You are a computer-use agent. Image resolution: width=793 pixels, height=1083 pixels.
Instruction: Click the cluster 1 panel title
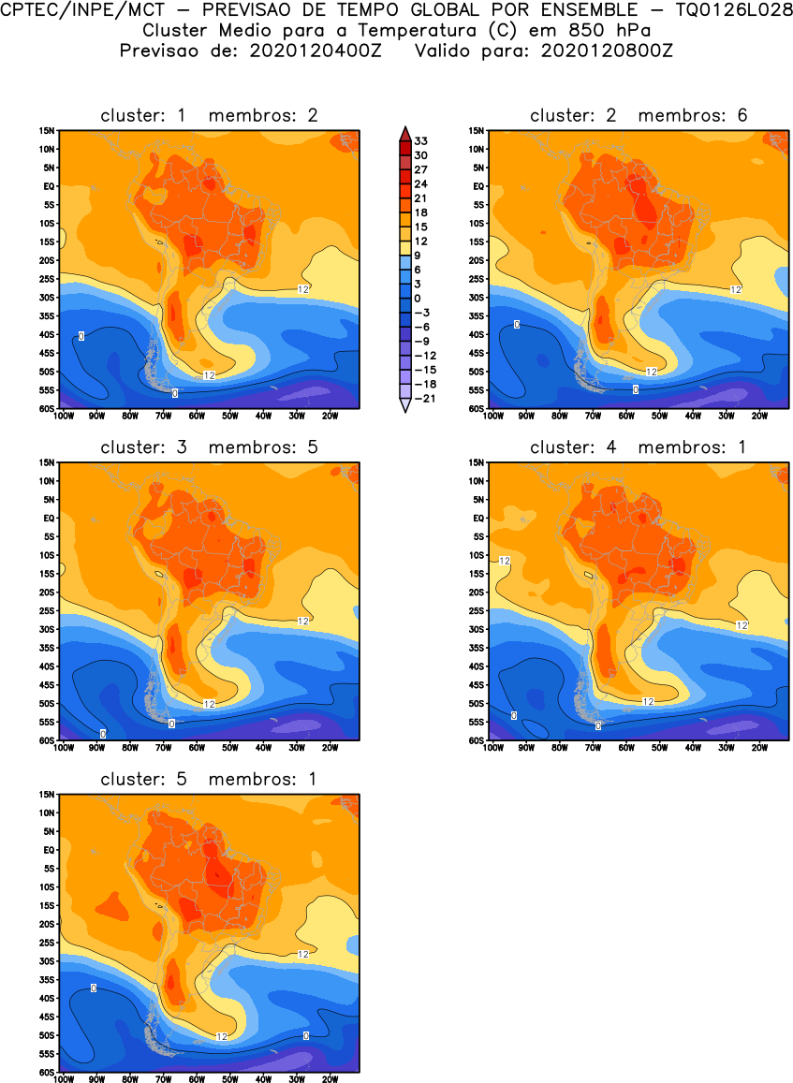pos(209,116)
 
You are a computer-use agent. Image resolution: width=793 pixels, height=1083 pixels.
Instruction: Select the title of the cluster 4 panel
pos(639,447)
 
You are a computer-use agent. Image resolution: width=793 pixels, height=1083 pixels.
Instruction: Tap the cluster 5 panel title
pos(209,780)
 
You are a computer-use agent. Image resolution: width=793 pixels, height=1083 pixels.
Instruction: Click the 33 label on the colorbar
pos(421,140)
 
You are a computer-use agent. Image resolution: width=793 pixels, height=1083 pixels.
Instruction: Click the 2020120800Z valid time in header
pos(606,51)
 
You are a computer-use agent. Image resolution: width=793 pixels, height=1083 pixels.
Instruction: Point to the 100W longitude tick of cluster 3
pos(64,748)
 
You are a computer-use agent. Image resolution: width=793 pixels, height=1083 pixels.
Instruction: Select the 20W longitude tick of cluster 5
pos(330,1079)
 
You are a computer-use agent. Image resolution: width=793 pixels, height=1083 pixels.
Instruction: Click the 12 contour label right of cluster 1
pos(303,288)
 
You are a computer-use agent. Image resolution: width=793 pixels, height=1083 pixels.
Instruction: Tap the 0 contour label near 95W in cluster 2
pos(517,325)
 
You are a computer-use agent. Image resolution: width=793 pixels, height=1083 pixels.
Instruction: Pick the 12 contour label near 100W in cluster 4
pos(505,561)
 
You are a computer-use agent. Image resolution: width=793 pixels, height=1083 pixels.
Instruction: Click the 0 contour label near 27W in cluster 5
pos(306,1035)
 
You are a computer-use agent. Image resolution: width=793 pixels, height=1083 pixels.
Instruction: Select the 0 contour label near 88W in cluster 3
pos(102,733)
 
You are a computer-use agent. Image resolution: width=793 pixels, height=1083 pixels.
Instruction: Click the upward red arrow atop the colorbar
pos(404,132)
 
